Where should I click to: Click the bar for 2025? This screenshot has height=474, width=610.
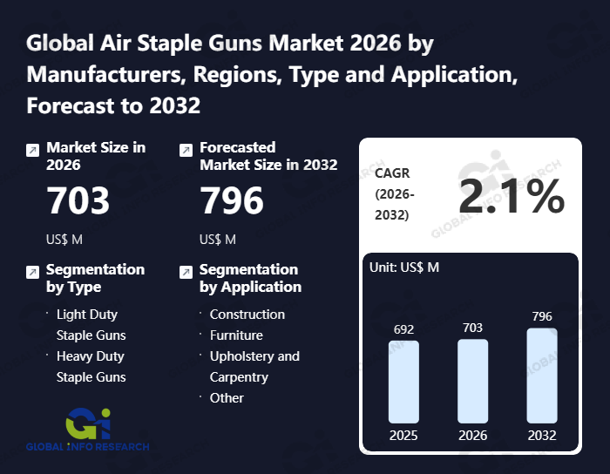[x=403, y=382]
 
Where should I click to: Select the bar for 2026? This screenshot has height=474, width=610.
[x=473, y=382]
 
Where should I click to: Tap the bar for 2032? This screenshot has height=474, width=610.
[x=542, y=376]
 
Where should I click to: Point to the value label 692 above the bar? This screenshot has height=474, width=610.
[x=403, y=329]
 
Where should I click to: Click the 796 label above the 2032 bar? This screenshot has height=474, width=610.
[x=542, y=316]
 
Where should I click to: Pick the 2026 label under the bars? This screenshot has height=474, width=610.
[x=473, y=435]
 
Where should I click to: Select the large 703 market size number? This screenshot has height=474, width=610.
[x=78, y=201]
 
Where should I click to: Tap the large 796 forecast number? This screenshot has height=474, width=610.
[x=232, y=201]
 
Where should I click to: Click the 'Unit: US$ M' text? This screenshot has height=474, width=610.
[x=404, y=267]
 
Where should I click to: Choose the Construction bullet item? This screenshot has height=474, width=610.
[x=247, y=314]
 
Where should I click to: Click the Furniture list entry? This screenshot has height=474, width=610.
[x=236, y=335]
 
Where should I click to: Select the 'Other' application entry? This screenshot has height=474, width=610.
[x=227, y=397]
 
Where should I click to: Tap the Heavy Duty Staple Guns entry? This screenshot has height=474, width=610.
[x=91, y=366]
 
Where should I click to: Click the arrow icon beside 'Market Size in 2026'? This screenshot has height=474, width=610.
[x=32, y=151]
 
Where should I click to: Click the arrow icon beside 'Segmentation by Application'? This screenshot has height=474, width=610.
[x=185, y=273]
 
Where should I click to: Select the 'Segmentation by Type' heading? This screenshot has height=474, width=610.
[x=95, y=278]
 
